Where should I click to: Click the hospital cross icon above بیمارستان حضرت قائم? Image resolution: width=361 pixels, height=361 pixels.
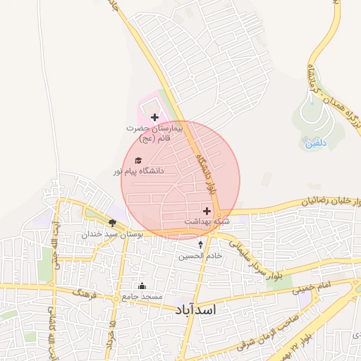click(154, 116)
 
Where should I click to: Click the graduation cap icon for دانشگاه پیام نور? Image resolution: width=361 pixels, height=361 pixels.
click(138, 161)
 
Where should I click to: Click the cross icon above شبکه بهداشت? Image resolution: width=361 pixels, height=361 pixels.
click(207, 211)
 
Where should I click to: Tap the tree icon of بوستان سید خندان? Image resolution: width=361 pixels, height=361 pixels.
click(112, 223)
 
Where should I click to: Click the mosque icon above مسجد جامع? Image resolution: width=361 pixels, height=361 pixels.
click(142, 286)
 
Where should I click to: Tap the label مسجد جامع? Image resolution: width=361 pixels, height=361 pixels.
click(142, 296)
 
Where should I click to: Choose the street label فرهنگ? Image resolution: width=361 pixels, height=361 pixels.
click(86, 290)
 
